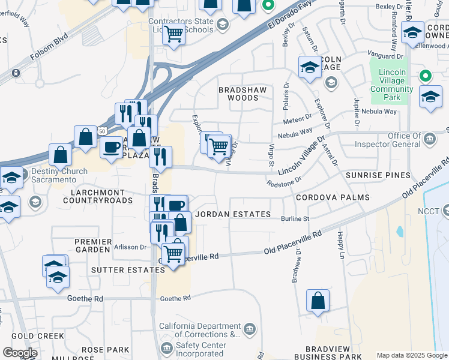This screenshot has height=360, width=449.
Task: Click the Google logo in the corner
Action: pyautogui.click(x=20, y=353)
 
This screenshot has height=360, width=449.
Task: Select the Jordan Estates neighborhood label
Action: pyautogui.click(x=233, y=214)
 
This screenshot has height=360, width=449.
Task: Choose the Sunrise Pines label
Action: pyautogui.click(x=378, y=175)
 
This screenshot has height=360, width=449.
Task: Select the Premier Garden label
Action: pyautogui.click(x=93, y=246)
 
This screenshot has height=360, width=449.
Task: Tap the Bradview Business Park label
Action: pyautogui.click(x=333, y=353)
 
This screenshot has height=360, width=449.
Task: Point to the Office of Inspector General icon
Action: pyautogui.click(x=430, y=140)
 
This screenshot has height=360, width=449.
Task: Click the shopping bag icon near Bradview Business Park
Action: pyautogui.click(x=318, y=301)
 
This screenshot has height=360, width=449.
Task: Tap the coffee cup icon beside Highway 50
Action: pyautogui.click(x=111, y=148)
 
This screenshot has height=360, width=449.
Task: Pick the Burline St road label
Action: pyautogui.click(x=295, y=219)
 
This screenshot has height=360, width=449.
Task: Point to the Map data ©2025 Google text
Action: pyautogui.click(x=412, y=355)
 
